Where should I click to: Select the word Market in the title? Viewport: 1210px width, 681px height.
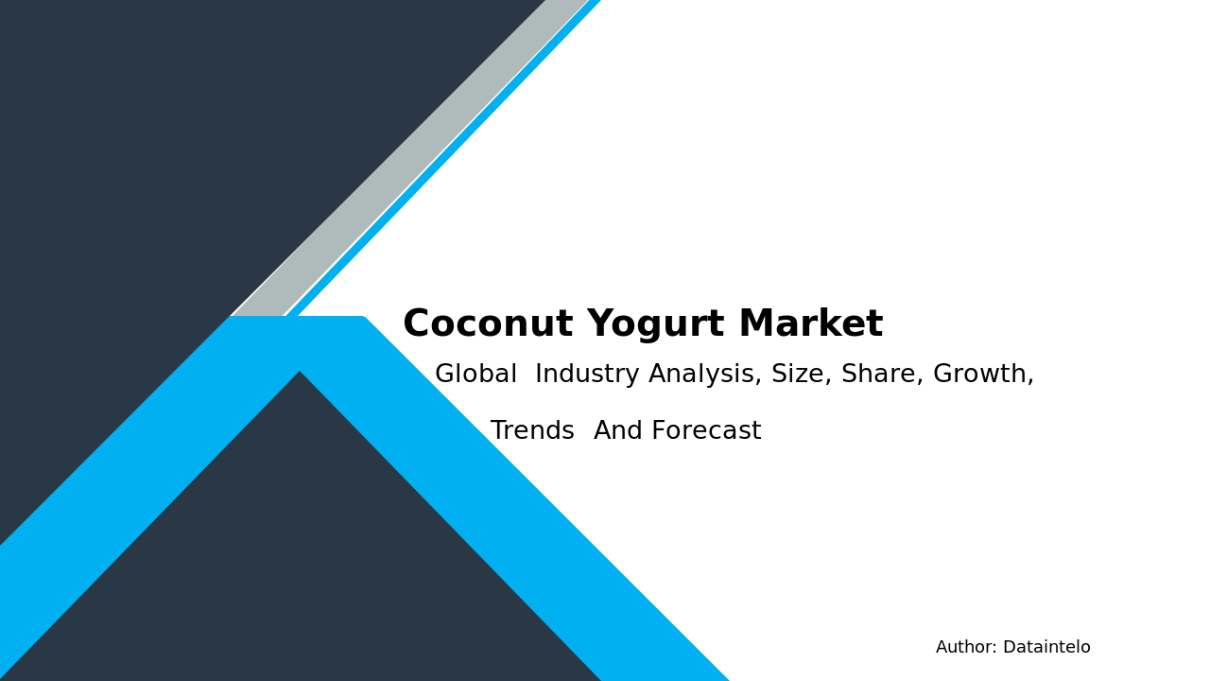click(810, 325)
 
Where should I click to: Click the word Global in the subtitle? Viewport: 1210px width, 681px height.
click(475, 375)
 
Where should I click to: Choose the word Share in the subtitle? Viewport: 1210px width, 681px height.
click(878, 375)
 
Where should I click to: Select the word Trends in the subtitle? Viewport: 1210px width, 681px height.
click(532, 432)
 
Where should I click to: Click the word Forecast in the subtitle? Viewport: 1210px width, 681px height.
click(706, 432)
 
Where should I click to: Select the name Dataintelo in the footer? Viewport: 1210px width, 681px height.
click(1046, 648)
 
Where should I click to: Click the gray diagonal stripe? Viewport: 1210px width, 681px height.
click(406, 161)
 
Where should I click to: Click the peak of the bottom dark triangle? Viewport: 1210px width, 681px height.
click(300, 375)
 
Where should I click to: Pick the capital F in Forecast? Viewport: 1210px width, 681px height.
click(658, 432)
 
